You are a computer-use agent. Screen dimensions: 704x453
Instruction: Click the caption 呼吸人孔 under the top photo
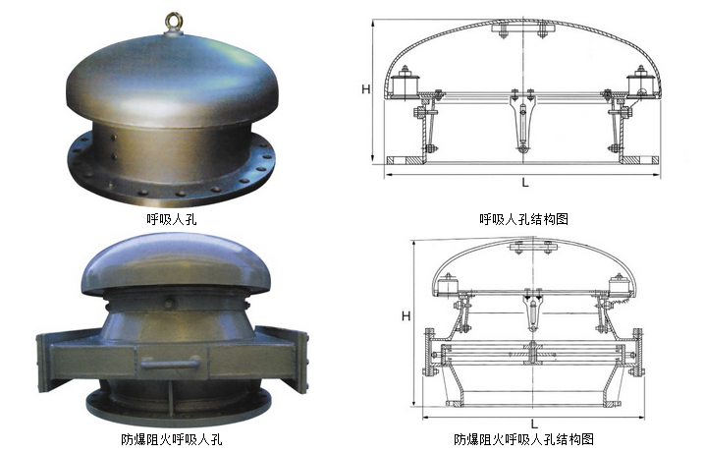(x=172, y=219)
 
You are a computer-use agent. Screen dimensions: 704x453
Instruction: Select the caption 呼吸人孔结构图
(x=523, y=219)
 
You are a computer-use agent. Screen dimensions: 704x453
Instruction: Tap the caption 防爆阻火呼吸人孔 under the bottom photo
(x=172, y=439)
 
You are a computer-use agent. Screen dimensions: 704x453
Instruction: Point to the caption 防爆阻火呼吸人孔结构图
(x=523, y=439)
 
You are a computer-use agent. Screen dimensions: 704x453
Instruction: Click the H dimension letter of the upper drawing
(x=366, y=89)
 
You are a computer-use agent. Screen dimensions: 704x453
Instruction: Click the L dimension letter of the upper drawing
(x=525, y=182)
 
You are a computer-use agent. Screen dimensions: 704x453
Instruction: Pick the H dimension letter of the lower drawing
(x=406, y=316)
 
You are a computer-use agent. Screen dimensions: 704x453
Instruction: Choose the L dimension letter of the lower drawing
(x=534, y=424)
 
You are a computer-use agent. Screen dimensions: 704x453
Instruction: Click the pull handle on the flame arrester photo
(x=170, y=362)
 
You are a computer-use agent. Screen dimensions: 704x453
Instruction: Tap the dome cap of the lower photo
(x=176, y=263)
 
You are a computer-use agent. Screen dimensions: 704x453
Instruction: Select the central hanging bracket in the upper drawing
(x=522, y=121)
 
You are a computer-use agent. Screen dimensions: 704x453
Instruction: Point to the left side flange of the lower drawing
(x=430, y=352)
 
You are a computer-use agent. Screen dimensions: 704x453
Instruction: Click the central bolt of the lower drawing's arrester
(x=533, y=353)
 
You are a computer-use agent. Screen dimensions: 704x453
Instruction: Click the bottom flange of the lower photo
(x=179, y=407)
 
